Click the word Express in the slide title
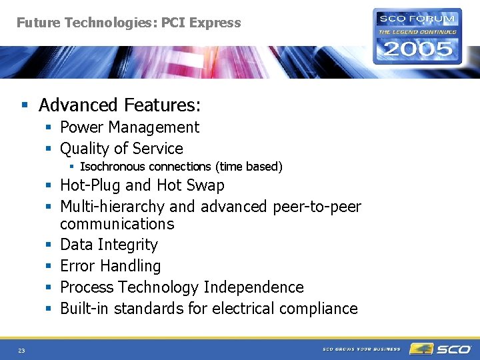215,23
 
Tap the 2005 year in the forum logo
417,49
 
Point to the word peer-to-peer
317,207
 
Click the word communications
117,224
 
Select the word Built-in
85,309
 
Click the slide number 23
21,350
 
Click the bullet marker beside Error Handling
49,267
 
